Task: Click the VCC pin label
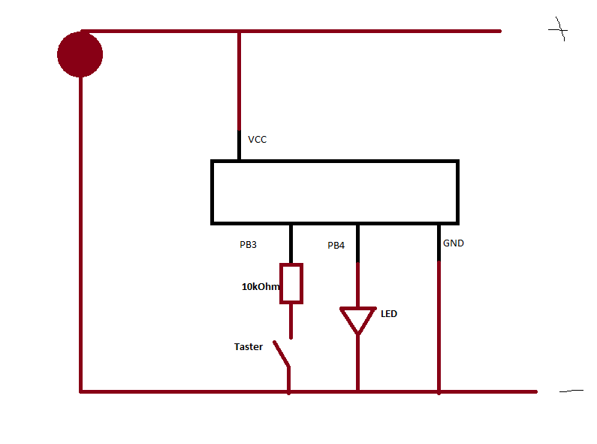257,140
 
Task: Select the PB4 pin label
336,246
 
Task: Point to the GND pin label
454,243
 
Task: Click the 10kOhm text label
261,286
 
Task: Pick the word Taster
249,346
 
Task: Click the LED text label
389,313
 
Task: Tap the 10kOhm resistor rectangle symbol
291,283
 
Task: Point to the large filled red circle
80,54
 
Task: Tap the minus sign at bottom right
571,391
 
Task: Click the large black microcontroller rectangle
334,192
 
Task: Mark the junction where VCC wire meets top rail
240,32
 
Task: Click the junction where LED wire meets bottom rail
357,391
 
